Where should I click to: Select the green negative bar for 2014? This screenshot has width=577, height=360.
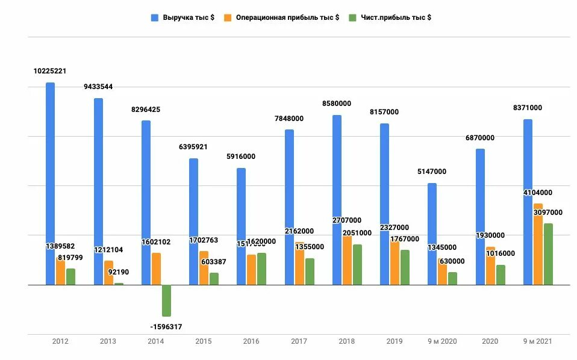pos(166,300)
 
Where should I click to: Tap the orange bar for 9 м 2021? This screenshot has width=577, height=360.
pos(538,244)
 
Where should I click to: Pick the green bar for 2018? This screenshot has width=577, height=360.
pos(357,264)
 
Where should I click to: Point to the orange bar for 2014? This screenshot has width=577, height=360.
pos(156,268)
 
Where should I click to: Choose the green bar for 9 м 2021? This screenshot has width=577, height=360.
pos(548,253)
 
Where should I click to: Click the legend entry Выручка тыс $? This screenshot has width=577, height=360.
pos(183,17)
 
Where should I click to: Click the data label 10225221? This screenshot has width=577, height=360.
pos(50,71)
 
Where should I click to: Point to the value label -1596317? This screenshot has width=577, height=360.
pos(166,327)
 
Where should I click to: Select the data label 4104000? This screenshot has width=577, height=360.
pos(538,193)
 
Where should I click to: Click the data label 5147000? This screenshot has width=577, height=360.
pos(432,172)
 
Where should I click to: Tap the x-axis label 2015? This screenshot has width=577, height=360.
pos(204,341)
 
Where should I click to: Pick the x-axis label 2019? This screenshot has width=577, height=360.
pos(395,341)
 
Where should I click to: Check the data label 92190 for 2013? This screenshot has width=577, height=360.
pos(119,272)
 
